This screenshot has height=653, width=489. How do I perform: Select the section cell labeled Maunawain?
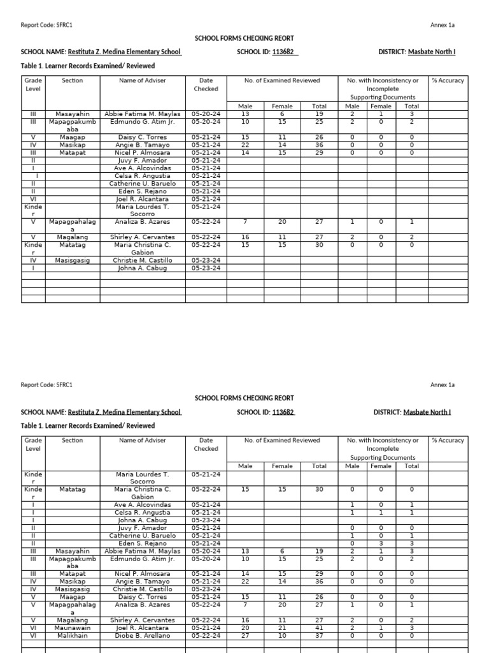pyautogui.click(x=73, y=627)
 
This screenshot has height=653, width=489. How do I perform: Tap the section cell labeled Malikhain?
pyautogui.click(x=73, y=635)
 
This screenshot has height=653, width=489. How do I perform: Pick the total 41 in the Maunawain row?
pyautogui.click(x=319, y=627)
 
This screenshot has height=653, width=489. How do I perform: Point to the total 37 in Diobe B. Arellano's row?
pyautogui.click(x=319, y=635)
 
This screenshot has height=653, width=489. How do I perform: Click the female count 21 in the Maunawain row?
pyautogui.click(x=282, y=627)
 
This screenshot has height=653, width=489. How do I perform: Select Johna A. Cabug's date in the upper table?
pyautogui.click(x=206, y=268)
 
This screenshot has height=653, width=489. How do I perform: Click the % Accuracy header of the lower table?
pyautogui.click(x=448, y=441)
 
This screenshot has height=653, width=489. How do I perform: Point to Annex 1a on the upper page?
pyautogui.click(x=443, y=25)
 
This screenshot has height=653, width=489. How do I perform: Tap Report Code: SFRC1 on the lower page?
pyautogui.click(x=46, y=385)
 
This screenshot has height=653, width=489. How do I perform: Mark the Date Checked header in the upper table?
pyautogui.click(x=206, y=85)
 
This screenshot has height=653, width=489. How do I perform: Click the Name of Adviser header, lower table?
pyautogui.click(x=142, y=441)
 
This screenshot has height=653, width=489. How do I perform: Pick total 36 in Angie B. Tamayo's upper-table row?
pyautogui.click(x=319, y=145)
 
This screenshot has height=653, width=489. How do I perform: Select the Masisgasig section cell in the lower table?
pyautogui.click(x=73, y=589)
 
